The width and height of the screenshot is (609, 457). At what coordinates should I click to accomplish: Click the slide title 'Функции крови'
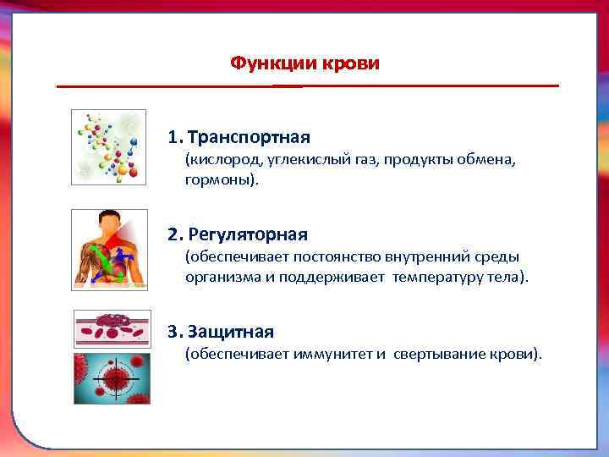point(305,63)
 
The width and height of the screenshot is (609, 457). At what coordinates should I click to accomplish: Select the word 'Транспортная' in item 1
point(250,137)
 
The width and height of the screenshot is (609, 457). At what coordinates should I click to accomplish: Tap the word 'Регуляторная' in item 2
point(249,234)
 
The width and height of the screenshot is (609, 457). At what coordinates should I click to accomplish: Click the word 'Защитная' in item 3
point(232,333)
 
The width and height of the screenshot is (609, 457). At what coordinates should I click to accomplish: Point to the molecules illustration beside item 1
point(108,146)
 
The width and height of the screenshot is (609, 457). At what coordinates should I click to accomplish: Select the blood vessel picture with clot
point(112,329)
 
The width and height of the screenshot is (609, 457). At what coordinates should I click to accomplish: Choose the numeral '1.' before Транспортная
point(175,137)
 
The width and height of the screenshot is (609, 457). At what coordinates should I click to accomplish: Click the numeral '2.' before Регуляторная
point(175,234)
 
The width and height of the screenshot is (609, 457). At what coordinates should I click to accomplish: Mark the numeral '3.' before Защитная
point(175,333)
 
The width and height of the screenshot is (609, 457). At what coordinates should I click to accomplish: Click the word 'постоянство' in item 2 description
point(305,256)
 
